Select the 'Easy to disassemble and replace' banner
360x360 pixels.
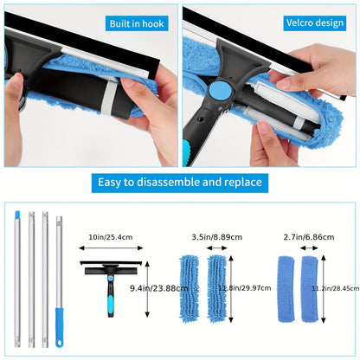(180, 183)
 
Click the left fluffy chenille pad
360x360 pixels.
(191, 293)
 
